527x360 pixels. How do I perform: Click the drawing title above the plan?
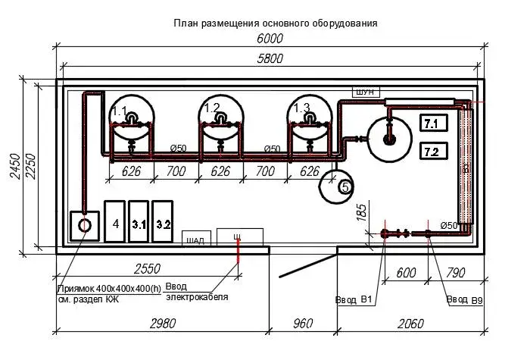click(x=276, y=23)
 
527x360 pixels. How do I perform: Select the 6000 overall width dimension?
click(x=269, y=39)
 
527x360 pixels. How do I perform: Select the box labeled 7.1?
click(x=435, y=123)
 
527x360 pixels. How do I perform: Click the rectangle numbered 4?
click(x=115, y=223)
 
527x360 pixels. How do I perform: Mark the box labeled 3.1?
click(x=139, y=223)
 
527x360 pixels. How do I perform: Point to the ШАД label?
click(x=195, y=241)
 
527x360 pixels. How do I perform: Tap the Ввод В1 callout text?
click(x=354, y=300)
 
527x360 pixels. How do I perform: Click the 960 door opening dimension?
click(x=301, y=324)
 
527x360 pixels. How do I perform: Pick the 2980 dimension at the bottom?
click(x=162, y=324)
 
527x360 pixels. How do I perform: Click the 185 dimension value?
click(x=362, y=211)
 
